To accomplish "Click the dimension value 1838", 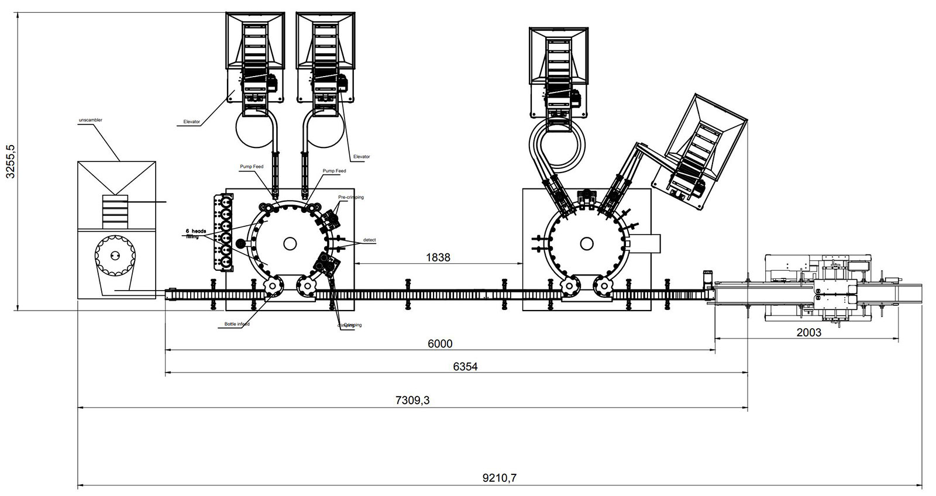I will pyautogui.click(x=438, y=257).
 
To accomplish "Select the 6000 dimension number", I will pyautogui.click(x=440, y=343).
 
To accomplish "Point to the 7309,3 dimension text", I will pyautogui.click(x=413, y=400).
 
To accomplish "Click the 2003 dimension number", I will pyautogui.click(x=809, y=332).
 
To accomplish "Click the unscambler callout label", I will pyautogui.click(x=91, y=120).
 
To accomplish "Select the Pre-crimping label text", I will pyautogui.click(x=350, y=197).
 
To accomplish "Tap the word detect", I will pyautogui.click(x=369, y=240).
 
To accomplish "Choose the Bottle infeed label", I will pyautogui.click(x=237, y=324).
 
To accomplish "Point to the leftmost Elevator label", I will pyautogui.click(x=191, y=122).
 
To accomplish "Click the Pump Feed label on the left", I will pyautogui.click(x=252, y=167).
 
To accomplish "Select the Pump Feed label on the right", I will pyautogui.click(x=334, y=171).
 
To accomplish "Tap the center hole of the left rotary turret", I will pyautogui.click(x=289, y=242).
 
